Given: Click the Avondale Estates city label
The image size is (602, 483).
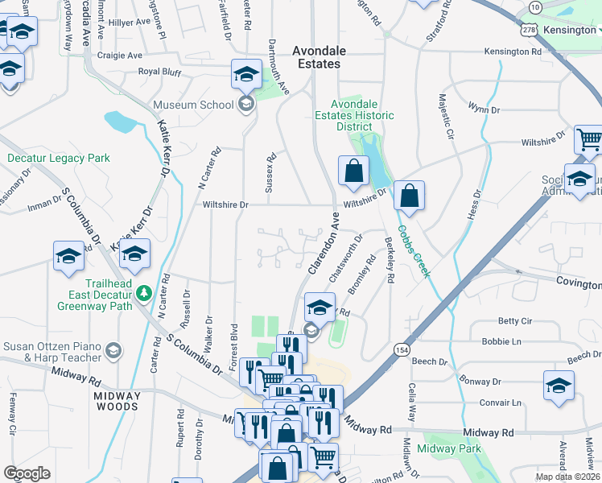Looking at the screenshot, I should (316, 56).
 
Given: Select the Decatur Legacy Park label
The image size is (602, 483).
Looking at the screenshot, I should (59, 159).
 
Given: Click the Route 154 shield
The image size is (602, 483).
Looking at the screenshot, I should (402, 349).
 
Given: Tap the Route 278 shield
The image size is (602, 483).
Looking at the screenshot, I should (529, 30).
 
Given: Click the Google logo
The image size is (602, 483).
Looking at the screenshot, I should (27, 473).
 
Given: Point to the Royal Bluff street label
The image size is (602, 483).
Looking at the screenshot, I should (161, 71).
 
